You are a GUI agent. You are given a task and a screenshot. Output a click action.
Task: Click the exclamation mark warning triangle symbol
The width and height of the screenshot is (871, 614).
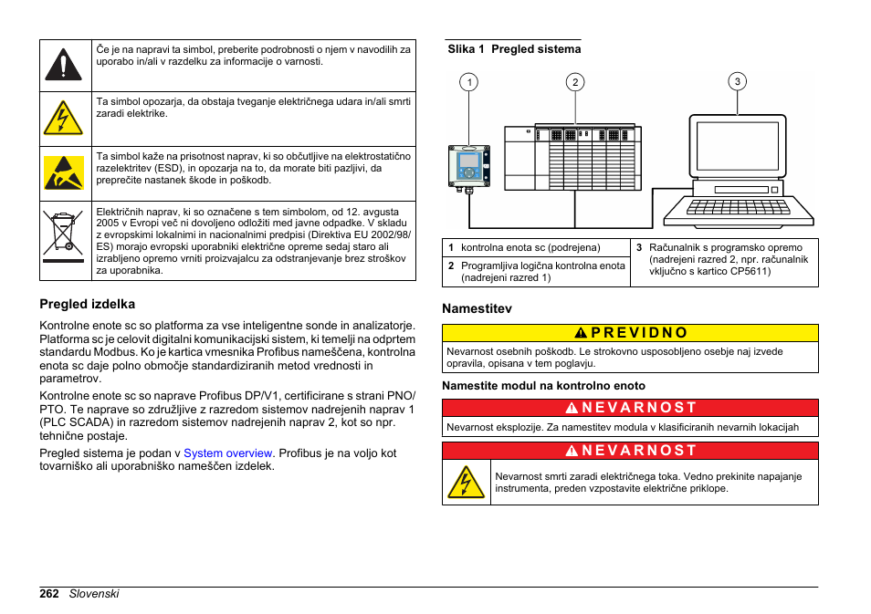point(62,65)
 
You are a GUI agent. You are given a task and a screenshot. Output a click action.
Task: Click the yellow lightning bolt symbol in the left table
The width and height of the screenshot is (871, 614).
point(62,119)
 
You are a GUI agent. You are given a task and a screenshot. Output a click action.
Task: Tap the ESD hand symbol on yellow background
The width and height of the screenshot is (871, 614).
point(62,172)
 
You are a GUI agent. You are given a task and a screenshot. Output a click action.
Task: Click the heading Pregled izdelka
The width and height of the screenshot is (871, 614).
point(87,304)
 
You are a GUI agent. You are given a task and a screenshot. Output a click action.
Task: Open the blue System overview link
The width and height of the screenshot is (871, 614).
point(228,453)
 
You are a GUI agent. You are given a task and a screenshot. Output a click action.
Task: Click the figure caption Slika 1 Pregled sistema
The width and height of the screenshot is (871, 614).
point(514,49)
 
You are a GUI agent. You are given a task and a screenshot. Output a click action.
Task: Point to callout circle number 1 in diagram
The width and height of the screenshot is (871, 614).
point(469,83)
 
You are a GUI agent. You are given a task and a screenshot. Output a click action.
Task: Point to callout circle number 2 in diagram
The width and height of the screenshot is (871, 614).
point(575,83)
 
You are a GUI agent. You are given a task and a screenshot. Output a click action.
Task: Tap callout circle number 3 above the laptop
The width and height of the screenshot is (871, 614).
point(738,81)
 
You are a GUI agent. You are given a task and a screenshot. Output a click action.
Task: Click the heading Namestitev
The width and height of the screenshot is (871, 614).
point(477,308)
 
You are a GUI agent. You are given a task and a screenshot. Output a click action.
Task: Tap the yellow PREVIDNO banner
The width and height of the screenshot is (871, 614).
point(630,333)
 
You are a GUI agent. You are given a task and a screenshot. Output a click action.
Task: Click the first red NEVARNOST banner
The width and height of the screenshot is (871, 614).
point(630,408)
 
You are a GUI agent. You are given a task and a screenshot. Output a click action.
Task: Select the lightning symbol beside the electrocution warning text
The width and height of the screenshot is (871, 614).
point(466,482)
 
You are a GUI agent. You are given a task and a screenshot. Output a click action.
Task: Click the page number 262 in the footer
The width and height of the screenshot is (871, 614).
point(49,593)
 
